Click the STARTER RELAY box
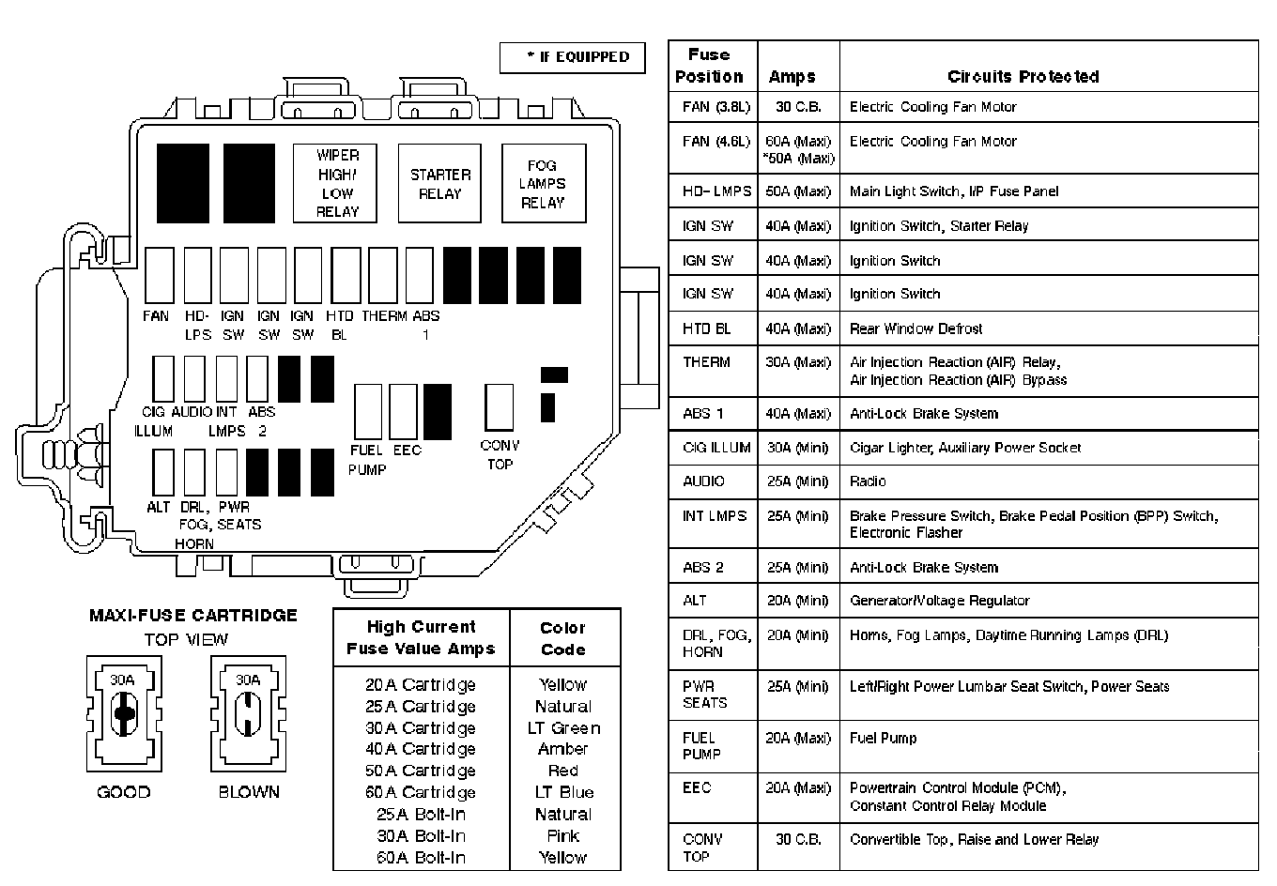[x=439, y=183]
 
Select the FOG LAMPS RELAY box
[x=543, y=183]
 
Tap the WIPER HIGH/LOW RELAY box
[x=337, y=183]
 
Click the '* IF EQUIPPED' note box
[x=572, y=57]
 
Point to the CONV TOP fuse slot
[x=499, y=406]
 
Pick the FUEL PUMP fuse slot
[x=367, y=411]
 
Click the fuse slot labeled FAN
[x=160, y=275]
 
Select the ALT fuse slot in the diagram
[x=162, y=471]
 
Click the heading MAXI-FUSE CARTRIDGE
[x=192, y=616]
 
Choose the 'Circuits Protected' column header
[x=1023, y=77]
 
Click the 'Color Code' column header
[x=562, y=638]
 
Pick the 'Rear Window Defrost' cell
[x=915, y=328]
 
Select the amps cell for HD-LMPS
[x=798, y=191]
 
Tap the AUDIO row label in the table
[x=703, y=481]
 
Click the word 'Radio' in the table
[x=868, y=481]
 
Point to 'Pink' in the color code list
[x=562, y=836]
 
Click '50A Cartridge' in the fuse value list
[x=421, y=771]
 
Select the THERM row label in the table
[x=706, y=362]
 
